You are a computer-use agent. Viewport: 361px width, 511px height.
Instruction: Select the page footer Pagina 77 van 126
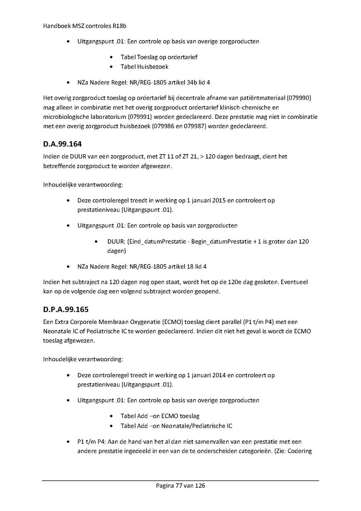tap(180, 486)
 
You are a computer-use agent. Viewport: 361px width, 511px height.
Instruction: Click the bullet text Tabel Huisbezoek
tap(144, 67)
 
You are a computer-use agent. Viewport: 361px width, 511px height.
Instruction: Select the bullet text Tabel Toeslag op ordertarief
tap(159, 57)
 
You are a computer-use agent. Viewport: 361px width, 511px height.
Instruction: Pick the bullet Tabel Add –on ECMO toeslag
tap(160, 416)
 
